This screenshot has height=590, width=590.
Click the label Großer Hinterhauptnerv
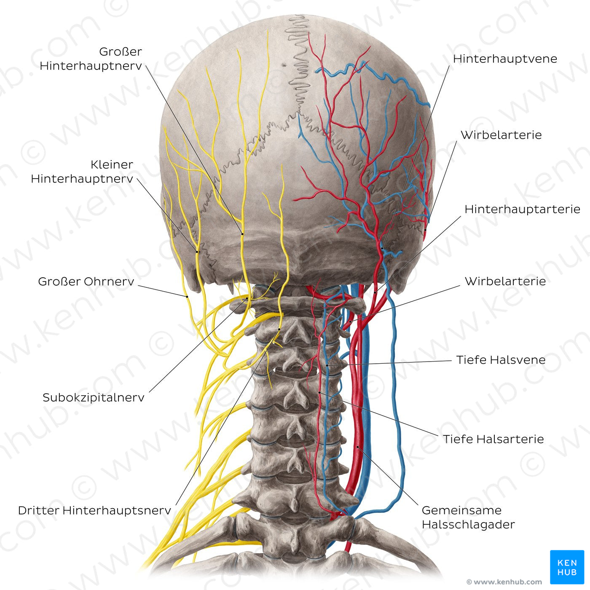pyautogui.click(x=91, y=59)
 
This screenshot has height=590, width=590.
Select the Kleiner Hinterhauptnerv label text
pyautogui.click(x=82, y=172)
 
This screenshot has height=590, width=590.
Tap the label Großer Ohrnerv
pyautogui.click(x=86, y=282)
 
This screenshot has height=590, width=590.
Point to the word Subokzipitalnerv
pyautogui.click(x=94, y=397)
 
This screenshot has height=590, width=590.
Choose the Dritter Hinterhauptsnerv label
pyautogui.click(x=94, y=510)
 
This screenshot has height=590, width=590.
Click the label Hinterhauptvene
pyautogui.click(x=505, y=59)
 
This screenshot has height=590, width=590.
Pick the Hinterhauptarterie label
pyautogui.click(x=522, y=209)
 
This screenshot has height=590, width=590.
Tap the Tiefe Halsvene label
pyautogui.click(x=501, y=360)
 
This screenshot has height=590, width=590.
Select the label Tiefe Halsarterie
pyautogui.click(x=493, y=439)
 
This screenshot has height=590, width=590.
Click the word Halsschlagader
pyautogui.click(x=469, y=525)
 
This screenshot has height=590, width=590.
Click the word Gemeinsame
pyautogui.click(x=462, y=510)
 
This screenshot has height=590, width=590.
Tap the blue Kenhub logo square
pyautogui.click(x=567, y=567)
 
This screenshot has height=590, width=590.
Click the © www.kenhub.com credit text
pyautogui.click(x=504, y=582)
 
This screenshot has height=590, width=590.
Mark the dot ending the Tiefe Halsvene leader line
pyautogui.click(x=327, y=365)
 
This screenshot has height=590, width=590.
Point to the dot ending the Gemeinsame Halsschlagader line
pyautogui.click(x=358, y=447)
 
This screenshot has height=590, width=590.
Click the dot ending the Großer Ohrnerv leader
pyautogui.click(x=187, y=297)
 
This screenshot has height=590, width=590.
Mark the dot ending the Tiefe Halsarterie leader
pyautogui.click(x=319, y=392)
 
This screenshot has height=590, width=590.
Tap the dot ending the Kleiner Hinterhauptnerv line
pyautogui.click(x=197, y=252)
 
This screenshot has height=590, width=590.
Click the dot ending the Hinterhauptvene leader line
pyautogui.click(x=382, y=248)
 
